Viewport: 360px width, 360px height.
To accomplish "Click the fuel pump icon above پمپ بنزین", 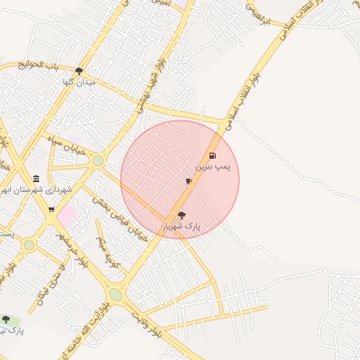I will [212, 156].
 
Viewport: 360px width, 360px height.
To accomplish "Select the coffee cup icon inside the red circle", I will [188, 181].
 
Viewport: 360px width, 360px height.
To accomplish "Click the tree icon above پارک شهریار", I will [181, 215].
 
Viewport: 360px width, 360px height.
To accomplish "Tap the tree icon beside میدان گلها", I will [79, 71].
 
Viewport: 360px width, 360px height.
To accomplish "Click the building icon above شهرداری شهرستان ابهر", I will [36, 179].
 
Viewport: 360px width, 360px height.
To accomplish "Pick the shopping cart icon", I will [51, 209].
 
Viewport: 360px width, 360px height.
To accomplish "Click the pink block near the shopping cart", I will [68, 215].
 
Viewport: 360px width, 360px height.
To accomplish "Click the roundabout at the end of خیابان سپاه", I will [98, 161].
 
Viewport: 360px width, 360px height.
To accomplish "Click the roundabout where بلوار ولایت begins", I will [115, 294].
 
